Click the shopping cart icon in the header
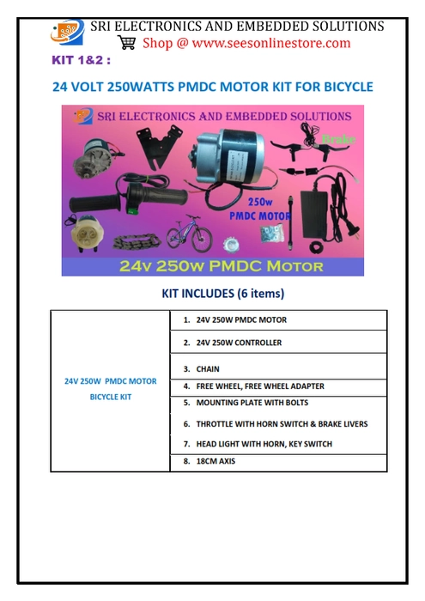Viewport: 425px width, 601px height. pyautogui.click(x=127, y=42)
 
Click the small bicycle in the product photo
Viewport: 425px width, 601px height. pyautogui.click(x=188, y=233)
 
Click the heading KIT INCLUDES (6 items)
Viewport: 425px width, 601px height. pyautogui.click(x=222, y=294)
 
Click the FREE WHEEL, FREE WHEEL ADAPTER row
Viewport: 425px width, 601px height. pyautogui.click(x=253, y=386)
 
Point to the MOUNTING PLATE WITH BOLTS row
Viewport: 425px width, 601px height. pyautogui.click(x=246, y=403)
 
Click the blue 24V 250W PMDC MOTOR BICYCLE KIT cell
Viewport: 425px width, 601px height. pyautogui.click(x=111, y=389)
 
